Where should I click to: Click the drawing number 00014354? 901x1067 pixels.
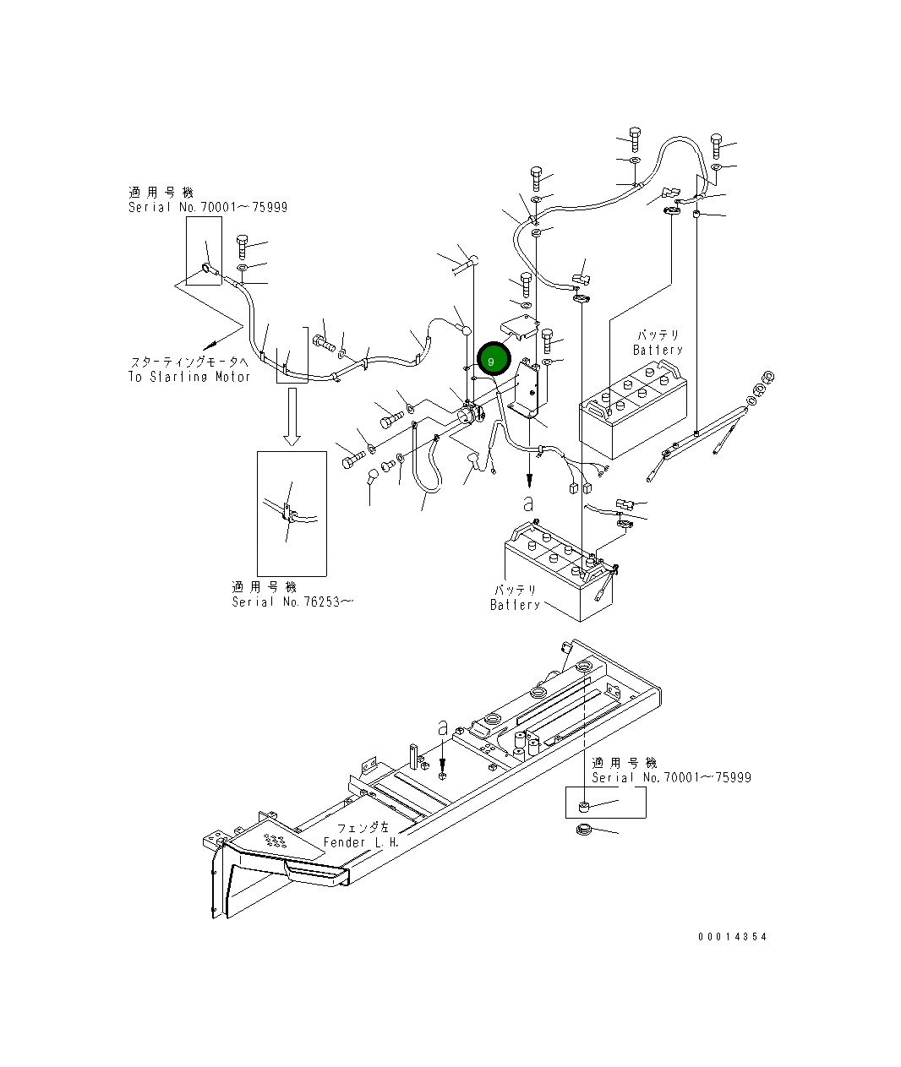[733, 937]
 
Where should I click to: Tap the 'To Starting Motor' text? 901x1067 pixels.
[189, 377]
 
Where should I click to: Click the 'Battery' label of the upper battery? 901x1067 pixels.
[658, 350]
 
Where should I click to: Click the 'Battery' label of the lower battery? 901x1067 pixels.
[515, 605]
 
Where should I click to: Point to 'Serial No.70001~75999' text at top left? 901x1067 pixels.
[208, 207]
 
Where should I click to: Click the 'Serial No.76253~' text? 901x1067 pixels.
[292, 602]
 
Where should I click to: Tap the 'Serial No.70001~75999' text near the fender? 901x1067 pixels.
[671, 777]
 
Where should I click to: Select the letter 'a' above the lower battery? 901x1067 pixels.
[528, 504]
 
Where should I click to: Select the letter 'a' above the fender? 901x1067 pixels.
[442, 727]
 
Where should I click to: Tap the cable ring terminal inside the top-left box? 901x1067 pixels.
[207, 270]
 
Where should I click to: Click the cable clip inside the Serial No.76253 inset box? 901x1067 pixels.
[288, 512]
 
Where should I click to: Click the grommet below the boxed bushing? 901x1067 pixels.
[582, 831]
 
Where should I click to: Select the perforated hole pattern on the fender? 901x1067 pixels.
[275, 839]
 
